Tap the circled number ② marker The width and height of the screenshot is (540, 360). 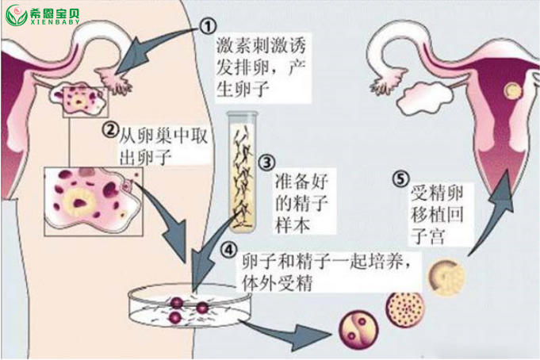[110, 130]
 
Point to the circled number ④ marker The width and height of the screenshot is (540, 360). [228, 250]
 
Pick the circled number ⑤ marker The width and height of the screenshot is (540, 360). [401, 178]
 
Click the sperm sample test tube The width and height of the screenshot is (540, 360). [242, 171]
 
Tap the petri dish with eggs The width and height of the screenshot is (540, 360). [190, 304]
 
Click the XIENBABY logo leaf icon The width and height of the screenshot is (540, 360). [17, 15]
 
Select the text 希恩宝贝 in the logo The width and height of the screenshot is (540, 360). [55, 13]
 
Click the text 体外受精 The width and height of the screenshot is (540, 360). [278, 283]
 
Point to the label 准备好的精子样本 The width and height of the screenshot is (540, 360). [301, 202]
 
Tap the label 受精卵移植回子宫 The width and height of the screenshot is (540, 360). [437, 215]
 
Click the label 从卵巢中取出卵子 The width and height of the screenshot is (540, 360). [163, 146]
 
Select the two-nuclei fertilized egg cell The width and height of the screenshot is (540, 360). [358, 330]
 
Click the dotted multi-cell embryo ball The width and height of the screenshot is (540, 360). [405, 309]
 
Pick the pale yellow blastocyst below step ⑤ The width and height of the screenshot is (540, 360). [446, 278]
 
